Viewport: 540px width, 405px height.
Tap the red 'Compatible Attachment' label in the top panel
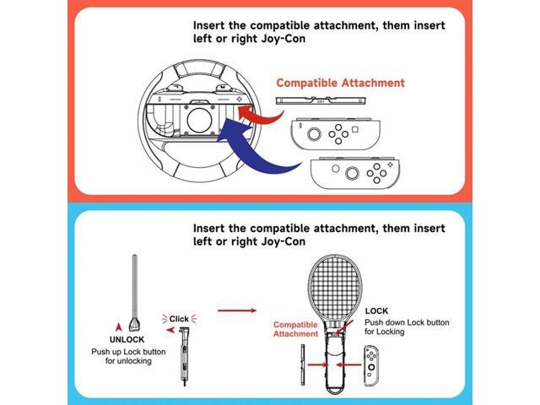340,84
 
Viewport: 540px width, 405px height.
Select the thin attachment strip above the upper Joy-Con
322,100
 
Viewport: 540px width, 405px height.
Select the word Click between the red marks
180,318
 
